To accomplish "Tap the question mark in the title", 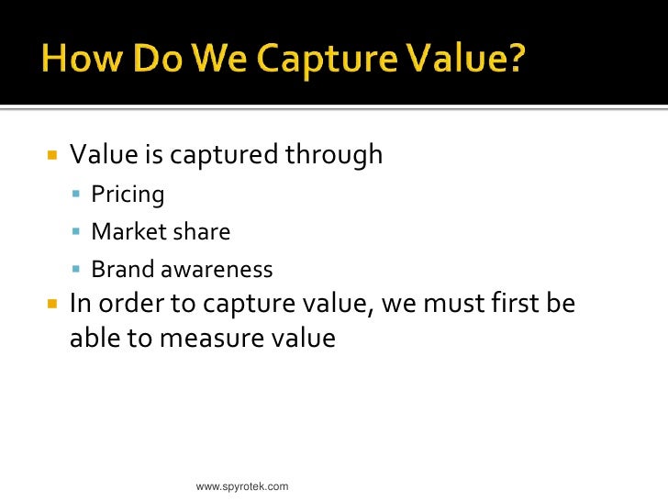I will (x=517, y=61).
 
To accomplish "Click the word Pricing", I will (x=128, y=195).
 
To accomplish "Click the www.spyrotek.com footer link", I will (x=242, y=485).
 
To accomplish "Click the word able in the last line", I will (x=95, y=339).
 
